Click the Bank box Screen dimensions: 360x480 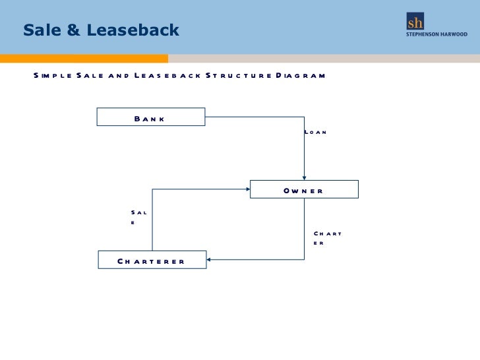[x=151, y=117]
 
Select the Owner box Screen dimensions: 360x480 [x=304, y=189]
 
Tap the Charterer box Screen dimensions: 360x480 [x=152, y=260]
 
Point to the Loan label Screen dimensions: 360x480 [x=316, y=132]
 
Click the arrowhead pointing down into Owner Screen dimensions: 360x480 [x=304, y=177]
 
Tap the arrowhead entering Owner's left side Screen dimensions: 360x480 [x=247, y=189]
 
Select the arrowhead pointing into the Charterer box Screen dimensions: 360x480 [x=210, y=260]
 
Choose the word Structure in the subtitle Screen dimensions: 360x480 [x=238, y=75]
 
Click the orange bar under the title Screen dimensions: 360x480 [x=89, y=58]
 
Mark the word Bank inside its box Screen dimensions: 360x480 [x=150, y=119]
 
